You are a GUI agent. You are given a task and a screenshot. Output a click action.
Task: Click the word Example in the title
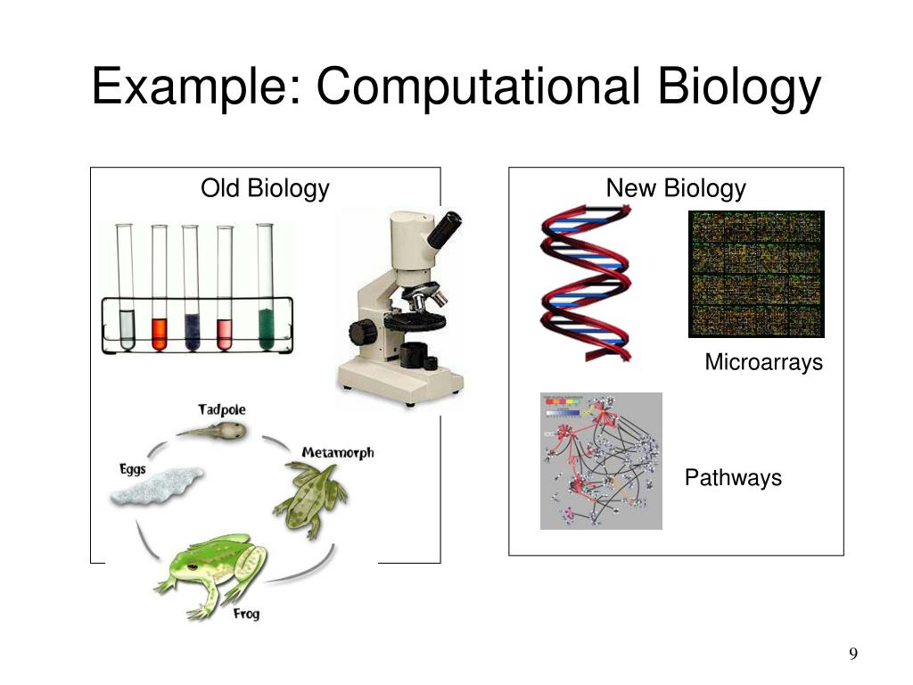pyautogui.click(x=193, y=88)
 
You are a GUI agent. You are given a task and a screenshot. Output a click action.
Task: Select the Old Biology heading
pyautogui.click(x=265, y=189)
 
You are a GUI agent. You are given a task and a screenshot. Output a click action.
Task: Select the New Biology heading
pyautogui.click(x=676, y=189)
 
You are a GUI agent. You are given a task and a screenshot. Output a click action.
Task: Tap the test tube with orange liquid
pyautogui.click(x=159, y=332)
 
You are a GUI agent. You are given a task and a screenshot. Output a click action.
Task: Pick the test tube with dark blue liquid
pyautogui.click(x=191, y=330)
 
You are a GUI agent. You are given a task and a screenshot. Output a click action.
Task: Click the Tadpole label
pyautogui.click(x=222, y=409)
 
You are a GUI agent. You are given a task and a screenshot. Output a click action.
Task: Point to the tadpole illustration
pyautogui.click(x=214, y=432)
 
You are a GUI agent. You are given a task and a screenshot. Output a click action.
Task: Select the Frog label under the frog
pyautogui.click(x=246, y=615)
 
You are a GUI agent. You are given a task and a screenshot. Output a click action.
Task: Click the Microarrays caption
pyautogui.click(x=763, y=363)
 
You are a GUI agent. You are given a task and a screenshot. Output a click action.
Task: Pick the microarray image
pyautogui.click(x=756, y=274)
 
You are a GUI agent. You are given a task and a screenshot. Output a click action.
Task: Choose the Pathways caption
pyautogui.click(x=733, y=478)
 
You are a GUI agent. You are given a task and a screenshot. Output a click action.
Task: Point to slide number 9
pyautogui.click(x=853, y=656)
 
